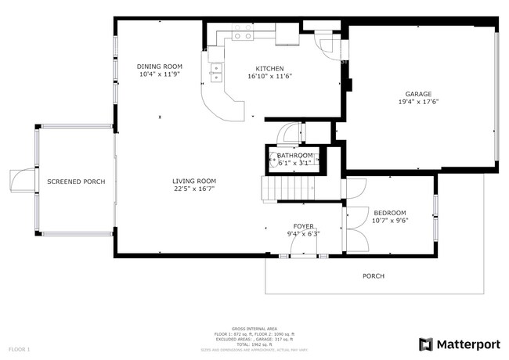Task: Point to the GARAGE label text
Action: coord(417,93)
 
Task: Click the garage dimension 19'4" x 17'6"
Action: coord(417,101)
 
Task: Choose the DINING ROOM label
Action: coord(159,67)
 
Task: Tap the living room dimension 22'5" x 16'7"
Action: coord(193,189)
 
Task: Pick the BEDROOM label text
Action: coord(389,213)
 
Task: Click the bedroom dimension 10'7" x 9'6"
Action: coord(389,221)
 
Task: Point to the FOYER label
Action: coord(304,225)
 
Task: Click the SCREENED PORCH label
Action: coord(76,182)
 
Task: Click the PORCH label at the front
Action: coord(373,275)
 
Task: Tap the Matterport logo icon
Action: coord(425,344)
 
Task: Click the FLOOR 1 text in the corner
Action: coord(19,348)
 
